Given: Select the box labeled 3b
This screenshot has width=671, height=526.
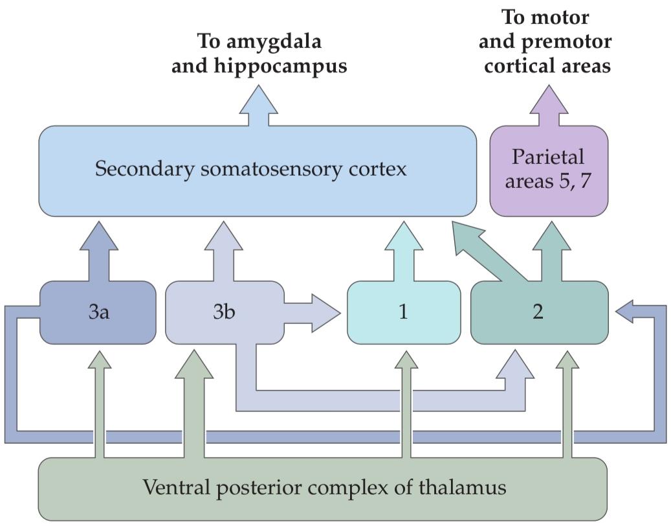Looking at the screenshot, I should point(223,312).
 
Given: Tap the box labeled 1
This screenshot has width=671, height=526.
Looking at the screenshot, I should point(404,312).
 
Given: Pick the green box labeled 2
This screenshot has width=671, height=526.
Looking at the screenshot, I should point(538,312).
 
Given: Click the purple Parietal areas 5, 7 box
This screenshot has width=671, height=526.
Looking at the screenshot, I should point(548,170).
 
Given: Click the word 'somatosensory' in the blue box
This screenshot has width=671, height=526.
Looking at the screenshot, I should point(259,170).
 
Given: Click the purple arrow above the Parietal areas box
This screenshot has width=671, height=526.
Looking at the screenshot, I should point(548,107).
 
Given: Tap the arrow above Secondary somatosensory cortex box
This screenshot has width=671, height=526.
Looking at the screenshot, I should point(259,107).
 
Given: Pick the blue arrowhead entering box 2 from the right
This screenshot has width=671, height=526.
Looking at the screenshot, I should point(628,314).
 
